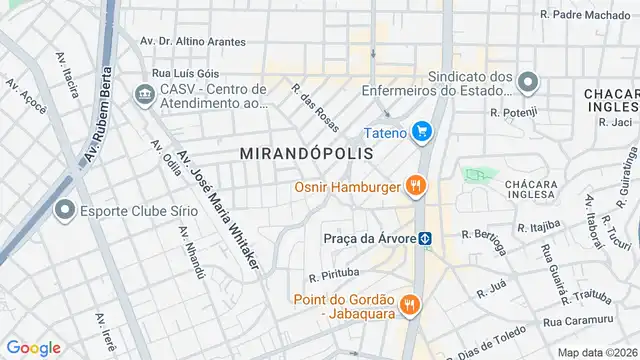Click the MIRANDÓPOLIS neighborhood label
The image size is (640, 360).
(307, 154)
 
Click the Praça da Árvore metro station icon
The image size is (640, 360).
(425, 238)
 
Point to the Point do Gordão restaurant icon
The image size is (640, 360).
(408, 305)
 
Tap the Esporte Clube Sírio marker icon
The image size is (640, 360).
(66, 210)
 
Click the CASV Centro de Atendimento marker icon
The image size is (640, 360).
(142, 96)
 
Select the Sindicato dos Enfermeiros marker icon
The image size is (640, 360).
(529, 82)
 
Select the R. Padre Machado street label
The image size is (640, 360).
(585, 15)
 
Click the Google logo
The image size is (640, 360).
(34, 347)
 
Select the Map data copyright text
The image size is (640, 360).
(597, 352)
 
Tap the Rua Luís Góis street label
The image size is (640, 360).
(185, 73)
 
